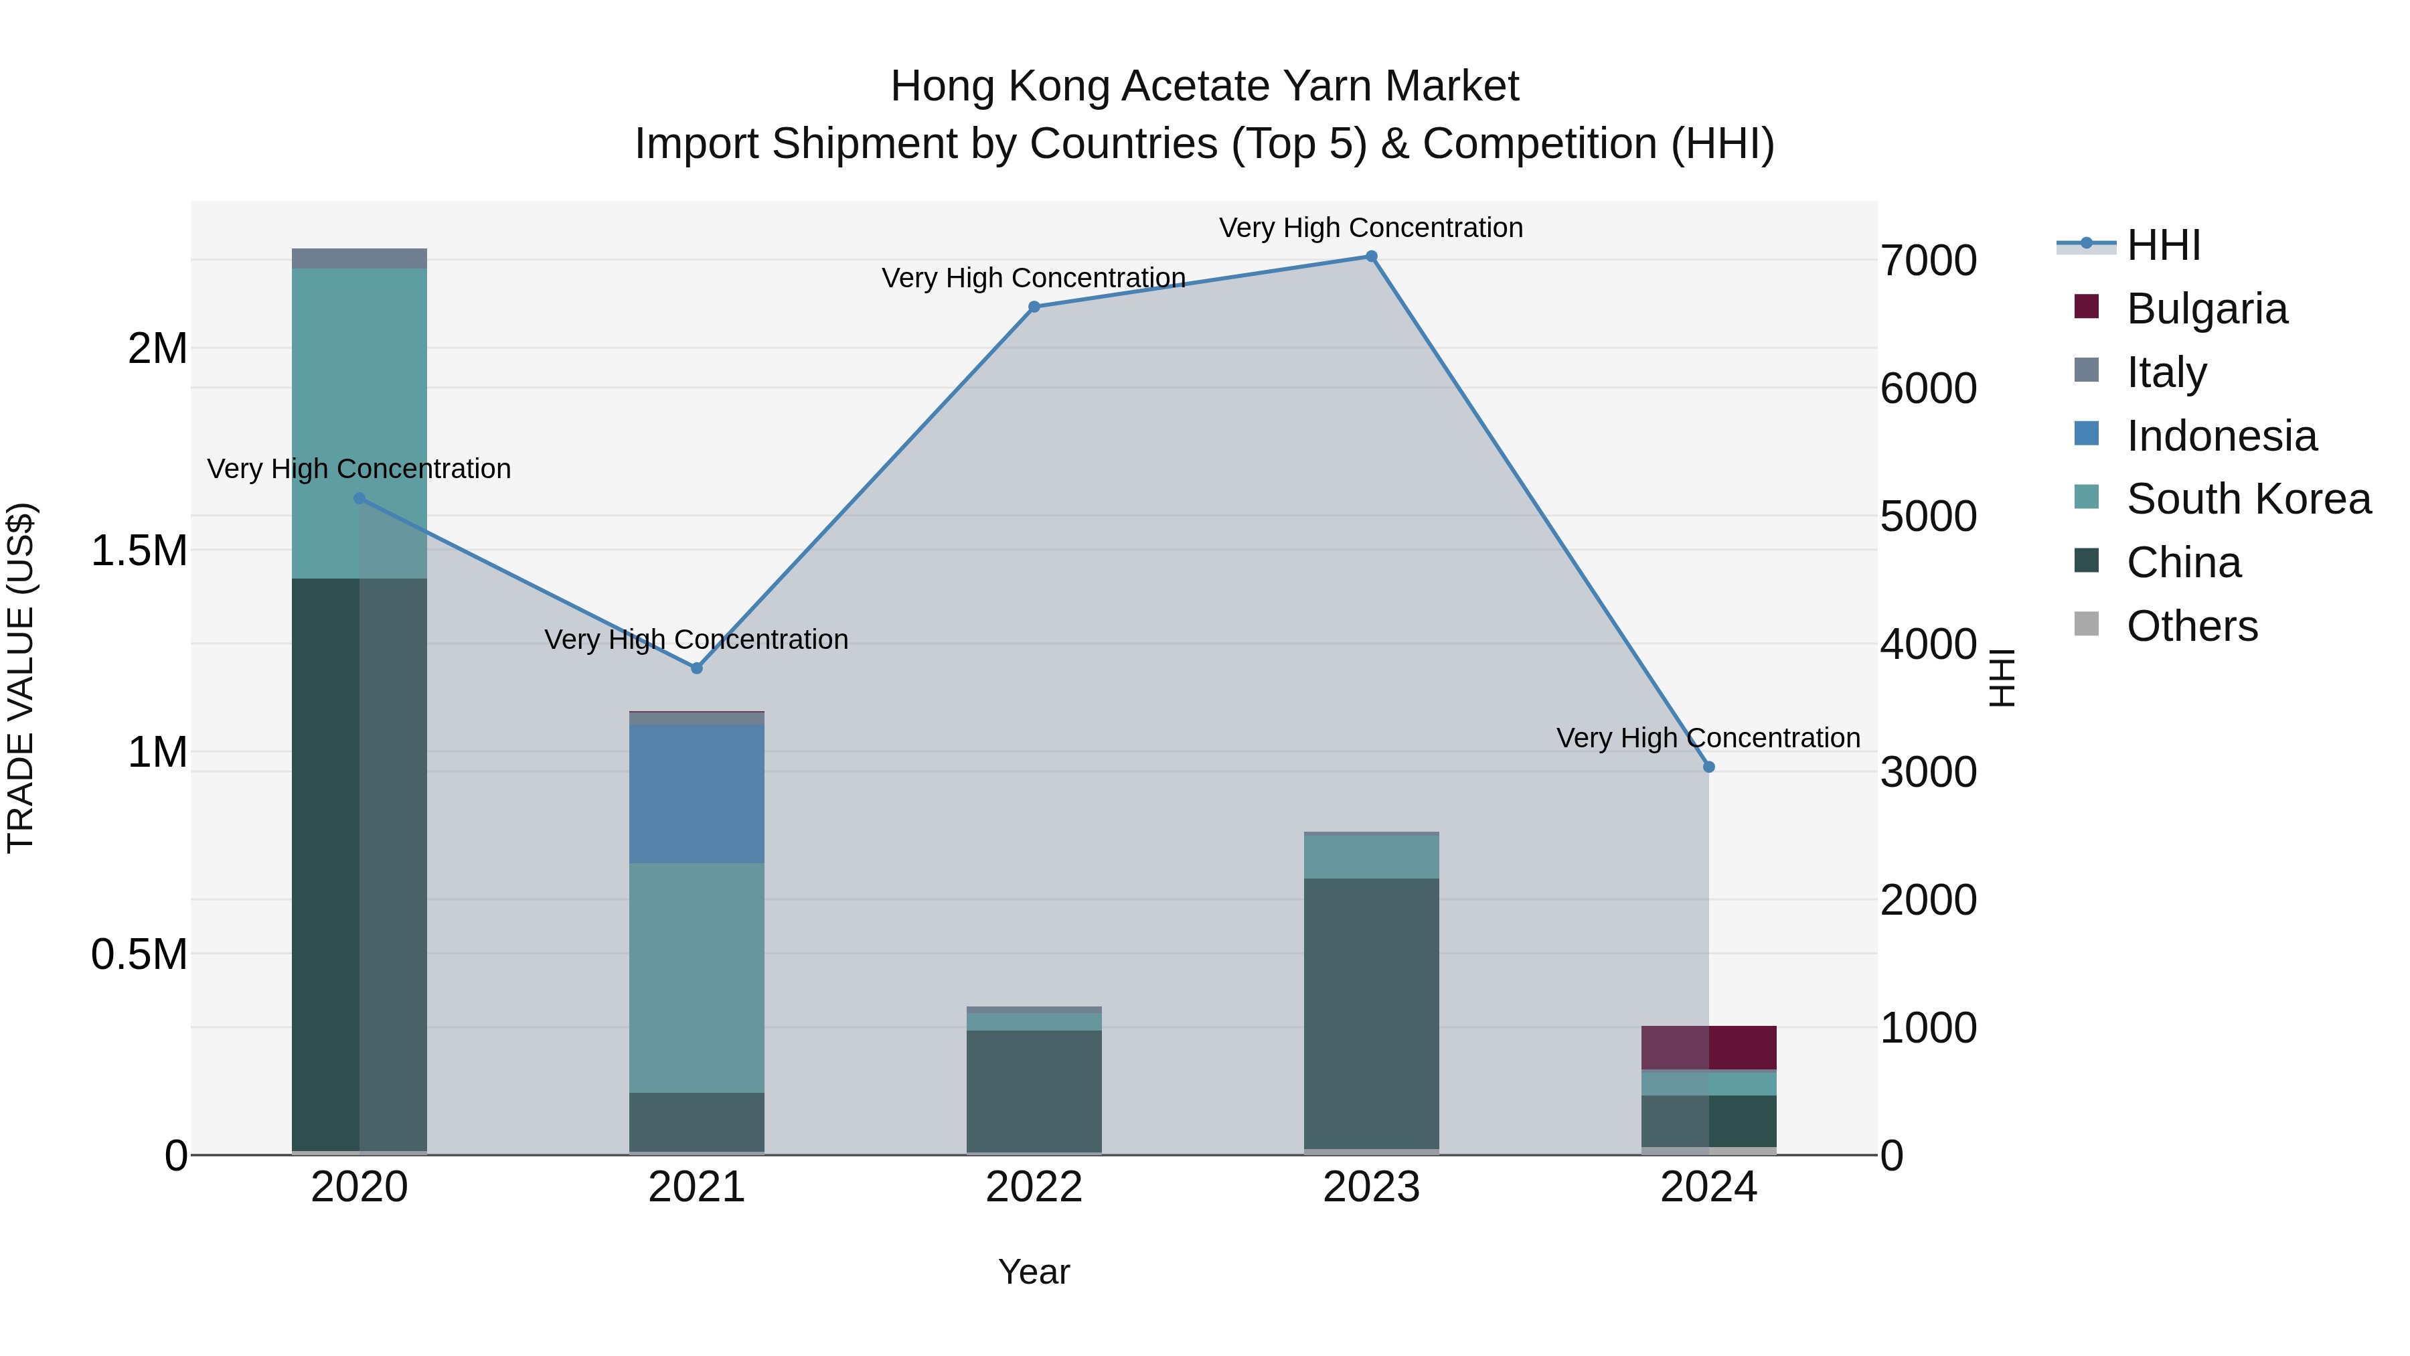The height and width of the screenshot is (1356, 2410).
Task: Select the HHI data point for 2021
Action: (696, 668)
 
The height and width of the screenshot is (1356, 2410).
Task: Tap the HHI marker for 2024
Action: (1708, 767)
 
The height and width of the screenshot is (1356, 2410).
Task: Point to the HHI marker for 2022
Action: (1034, 307)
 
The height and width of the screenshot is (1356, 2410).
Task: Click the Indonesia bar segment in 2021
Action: (696, 794)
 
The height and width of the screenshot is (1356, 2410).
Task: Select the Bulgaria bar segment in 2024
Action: (1708, 1047)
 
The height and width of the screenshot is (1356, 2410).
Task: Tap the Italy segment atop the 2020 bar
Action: (359, 258)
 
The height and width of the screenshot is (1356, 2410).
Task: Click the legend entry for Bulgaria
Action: (2206, 309)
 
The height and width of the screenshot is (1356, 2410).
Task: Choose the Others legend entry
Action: (2191, 626)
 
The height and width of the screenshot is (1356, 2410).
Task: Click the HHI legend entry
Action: (2163, 245)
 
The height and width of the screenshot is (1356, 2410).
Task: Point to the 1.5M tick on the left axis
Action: (139, 550)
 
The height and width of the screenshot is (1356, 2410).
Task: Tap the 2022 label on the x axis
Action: (1034, 1187)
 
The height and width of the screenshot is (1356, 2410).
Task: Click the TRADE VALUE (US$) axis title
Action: (21, 678)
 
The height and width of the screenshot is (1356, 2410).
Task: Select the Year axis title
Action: (1034, 1272)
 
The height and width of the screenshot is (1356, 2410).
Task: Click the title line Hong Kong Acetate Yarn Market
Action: (1204, 86)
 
